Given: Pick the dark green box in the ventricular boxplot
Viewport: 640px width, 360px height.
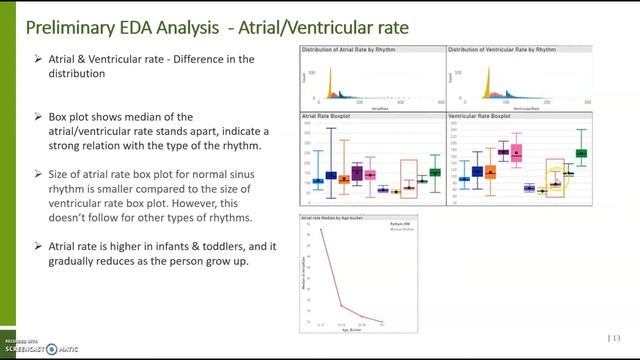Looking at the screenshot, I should pyautogui.click(x=581, y=154).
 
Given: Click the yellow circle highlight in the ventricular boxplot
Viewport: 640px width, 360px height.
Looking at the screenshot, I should pyautogui.click(x=556, y=183).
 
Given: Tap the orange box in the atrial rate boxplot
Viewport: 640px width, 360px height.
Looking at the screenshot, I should pyautogui.click(x=344, y=178).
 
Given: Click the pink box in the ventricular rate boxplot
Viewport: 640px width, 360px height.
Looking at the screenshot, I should pyautogui.click(x=516, y=153).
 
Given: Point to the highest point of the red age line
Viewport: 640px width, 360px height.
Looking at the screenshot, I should pyautogui.click(x=321, y=231).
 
